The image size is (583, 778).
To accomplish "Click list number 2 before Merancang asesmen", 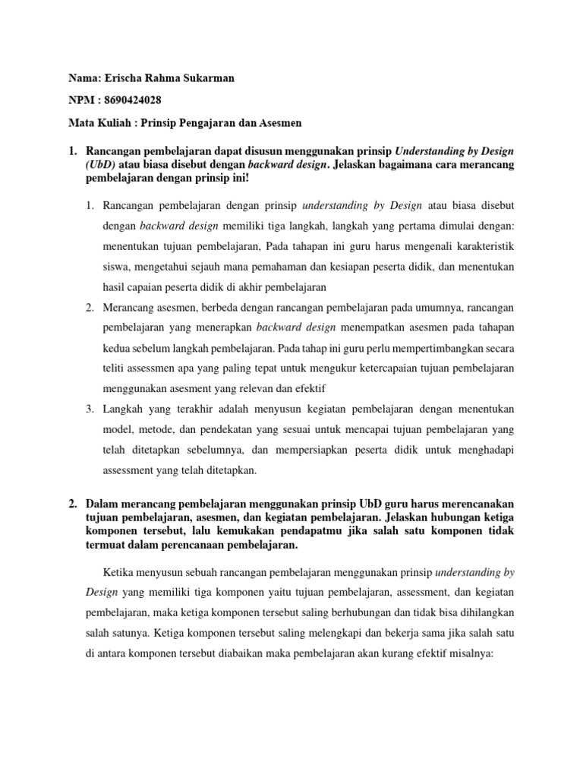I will pos(88,308).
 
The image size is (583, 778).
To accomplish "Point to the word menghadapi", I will pos(484,451).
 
